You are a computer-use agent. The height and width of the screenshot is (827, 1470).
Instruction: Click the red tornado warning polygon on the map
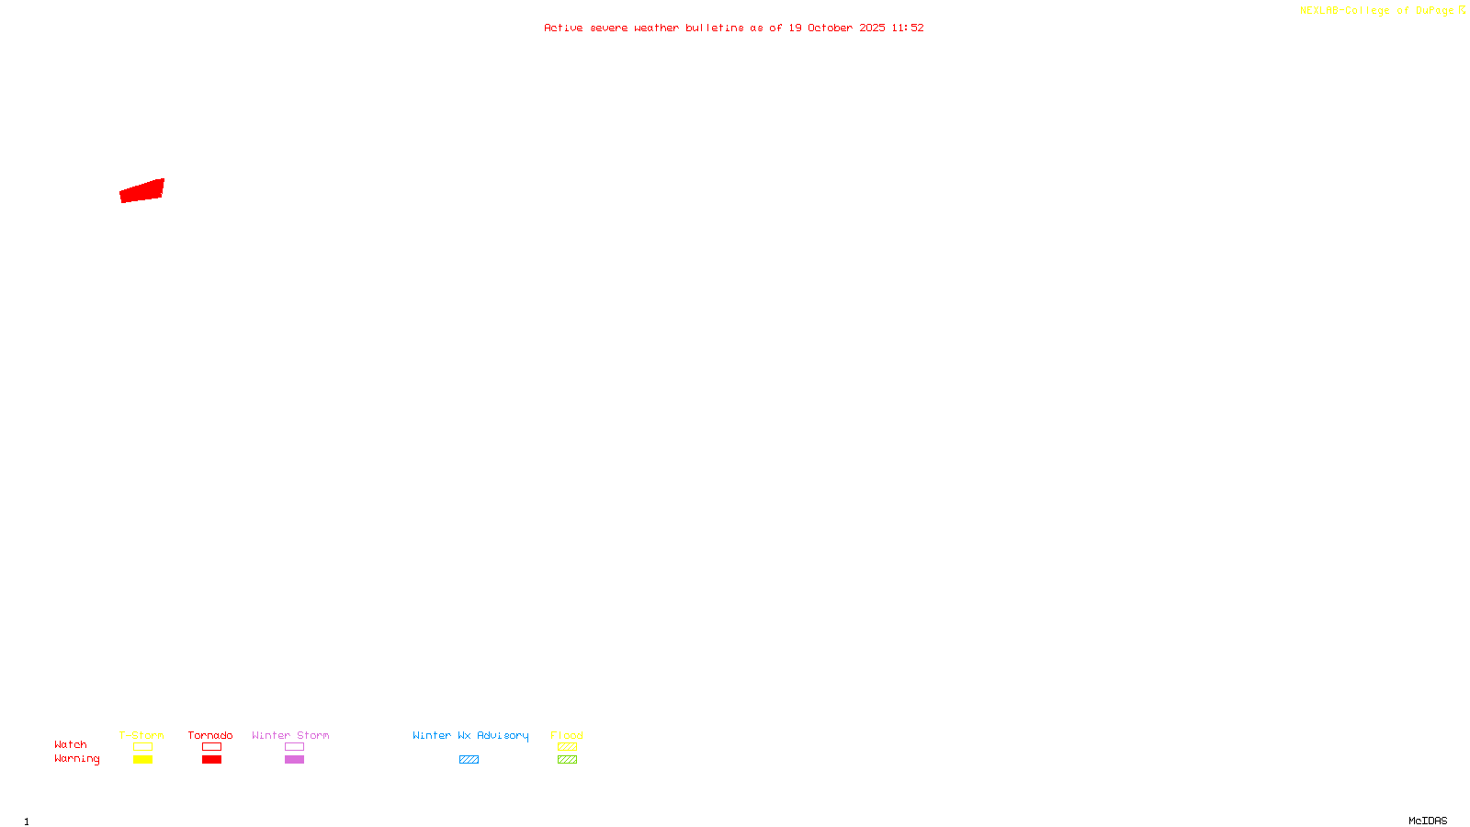click(x=142, y=191)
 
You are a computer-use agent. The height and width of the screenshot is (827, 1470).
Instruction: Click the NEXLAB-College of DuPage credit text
click(x=1376, y=11)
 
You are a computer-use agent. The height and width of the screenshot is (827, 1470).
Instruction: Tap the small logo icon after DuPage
click(x=1462, y=10)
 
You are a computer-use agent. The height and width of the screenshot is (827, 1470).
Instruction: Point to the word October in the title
click(x=830, y=28)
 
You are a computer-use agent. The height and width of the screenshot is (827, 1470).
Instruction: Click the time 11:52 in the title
click(x=907, y=28)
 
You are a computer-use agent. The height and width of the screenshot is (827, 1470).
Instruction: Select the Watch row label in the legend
click(x=71, y=745)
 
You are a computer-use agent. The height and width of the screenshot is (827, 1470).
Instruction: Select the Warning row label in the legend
click(x=76, y=759)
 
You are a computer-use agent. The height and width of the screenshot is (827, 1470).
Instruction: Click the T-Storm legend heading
click(x=141, y=735)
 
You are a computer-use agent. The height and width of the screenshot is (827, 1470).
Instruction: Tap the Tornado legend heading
click(x=210, y=735)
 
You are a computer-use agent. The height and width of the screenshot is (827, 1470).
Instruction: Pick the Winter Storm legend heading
click(x=290, y=735)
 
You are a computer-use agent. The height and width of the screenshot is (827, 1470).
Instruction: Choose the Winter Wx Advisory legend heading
click(x=470, y=735)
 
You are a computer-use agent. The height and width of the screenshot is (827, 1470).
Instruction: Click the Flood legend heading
click(x=567, y=735)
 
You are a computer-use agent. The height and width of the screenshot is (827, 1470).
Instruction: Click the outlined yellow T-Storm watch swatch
click(x=142, y=747)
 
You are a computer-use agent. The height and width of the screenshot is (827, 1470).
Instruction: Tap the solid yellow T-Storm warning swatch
click(x=142, y=760)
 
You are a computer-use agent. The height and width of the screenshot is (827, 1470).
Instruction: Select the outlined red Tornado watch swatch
click(x=211, y=747)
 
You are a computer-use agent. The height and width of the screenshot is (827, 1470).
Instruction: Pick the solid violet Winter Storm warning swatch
click(x=294, y=760)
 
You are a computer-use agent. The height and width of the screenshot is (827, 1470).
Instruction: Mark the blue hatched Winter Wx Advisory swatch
click(x=469, y=760)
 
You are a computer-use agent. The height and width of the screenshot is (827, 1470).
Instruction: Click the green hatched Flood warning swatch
click(x=567, y=760)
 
